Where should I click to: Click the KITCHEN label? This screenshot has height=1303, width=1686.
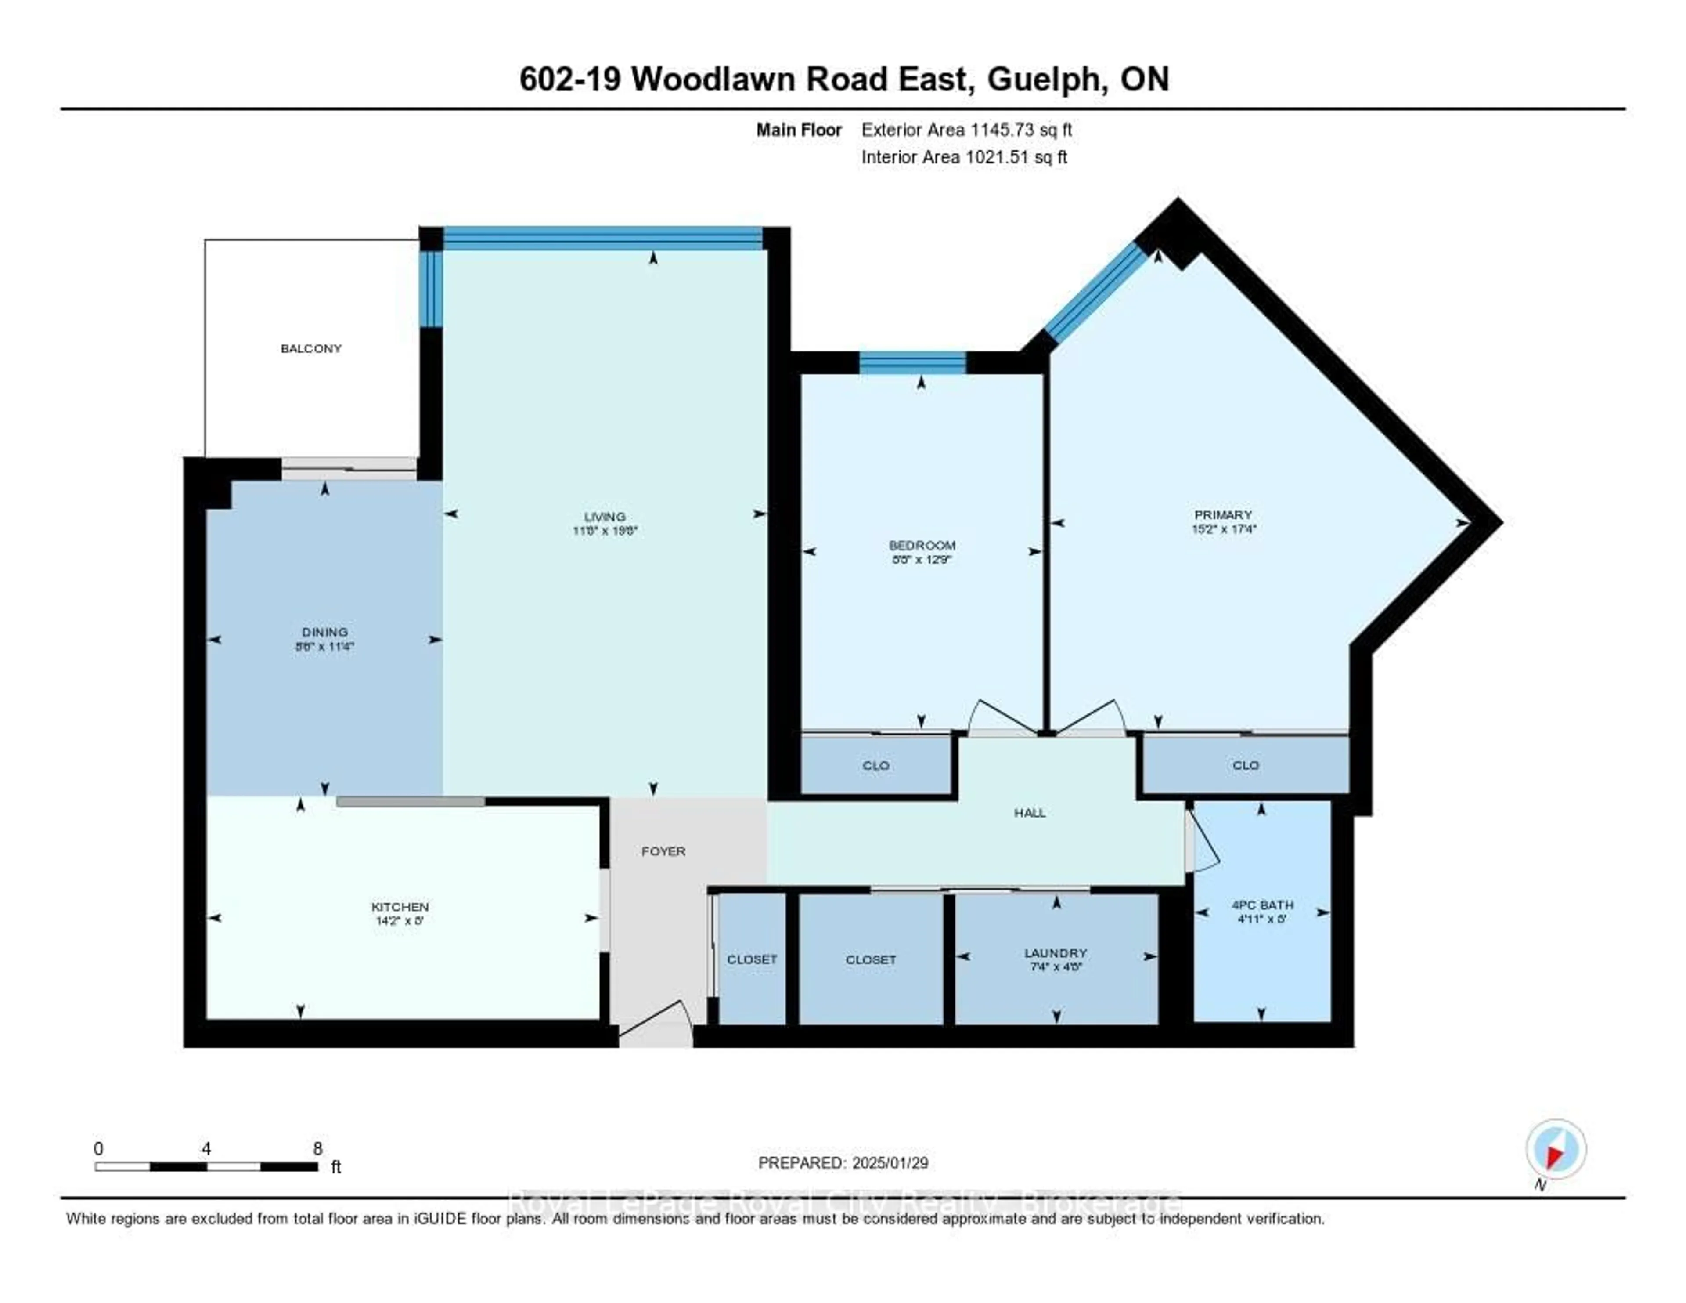pyautogui.click(x=400, y=906)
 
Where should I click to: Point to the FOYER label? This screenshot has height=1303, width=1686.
pyautogui.click(x=663, y=851)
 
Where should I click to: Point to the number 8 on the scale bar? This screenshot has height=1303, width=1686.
pyautogui.click(x=317, y=1148)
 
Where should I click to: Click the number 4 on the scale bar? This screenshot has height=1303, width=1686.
pyautogui.click(x=206, y=1148)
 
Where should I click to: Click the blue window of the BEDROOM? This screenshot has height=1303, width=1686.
pyautogui.click(x=912, y=362)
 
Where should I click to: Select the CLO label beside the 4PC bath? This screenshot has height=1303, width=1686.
pyautogui.click(x=1245, y=765)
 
